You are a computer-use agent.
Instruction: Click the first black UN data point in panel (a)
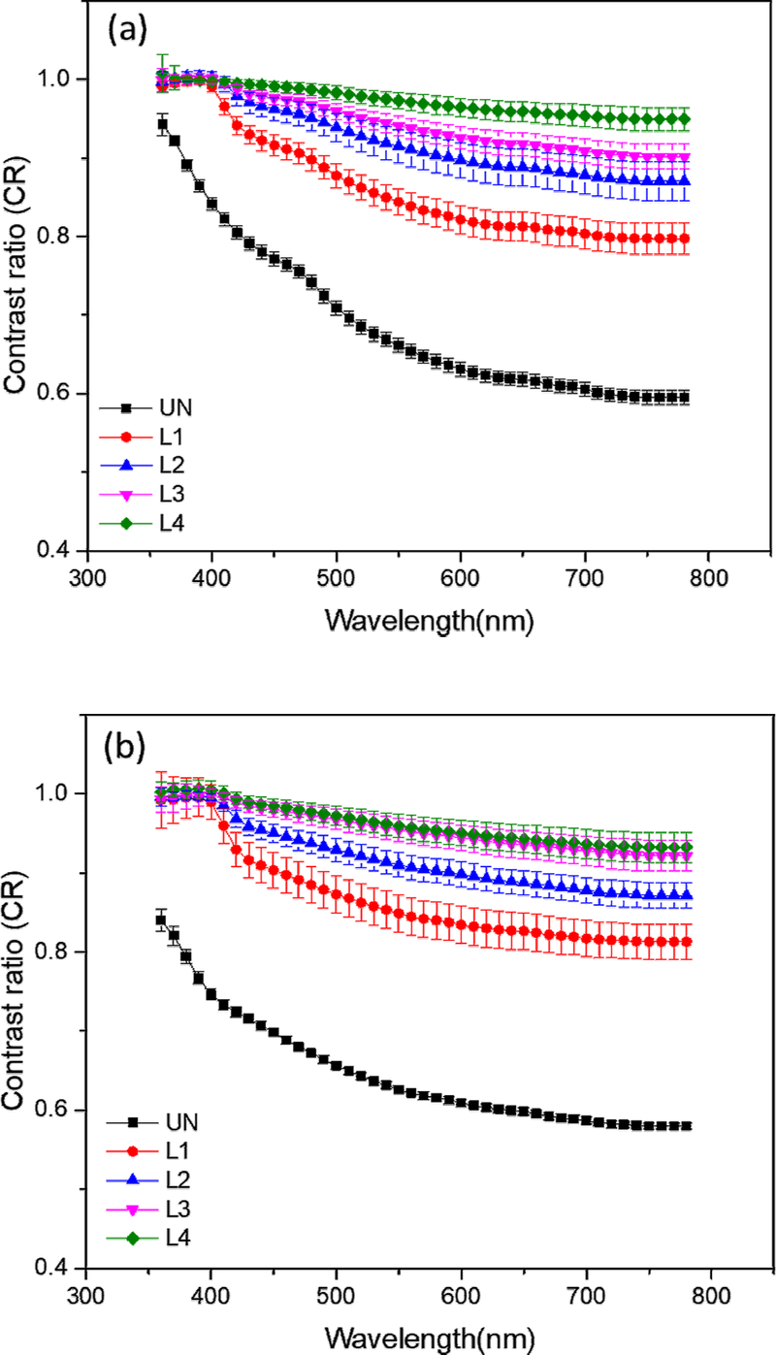pos(163,123)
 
